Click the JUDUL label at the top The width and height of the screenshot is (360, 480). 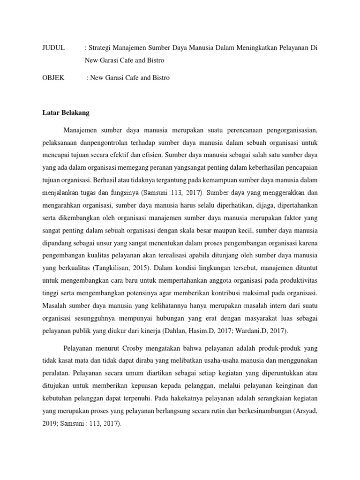pyautogui.click(x=52, y=48)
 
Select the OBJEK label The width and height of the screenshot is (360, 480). pyautogui.click(x=52, y=78)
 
